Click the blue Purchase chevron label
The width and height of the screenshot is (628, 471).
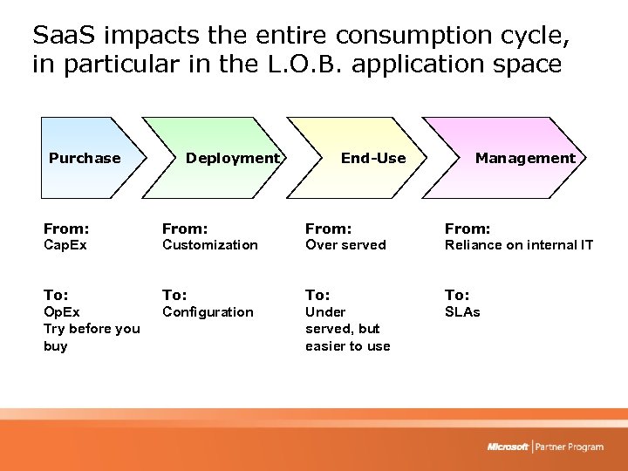85,158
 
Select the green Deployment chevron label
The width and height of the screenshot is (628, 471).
231,158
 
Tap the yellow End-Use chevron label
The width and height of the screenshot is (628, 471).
373,158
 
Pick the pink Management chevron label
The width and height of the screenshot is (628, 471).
525,158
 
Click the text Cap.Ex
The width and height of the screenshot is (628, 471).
65,245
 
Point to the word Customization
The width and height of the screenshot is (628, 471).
210,245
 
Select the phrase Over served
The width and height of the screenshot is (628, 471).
345,245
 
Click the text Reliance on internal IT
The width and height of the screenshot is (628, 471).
519,245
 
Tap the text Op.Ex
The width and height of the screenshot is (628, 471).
62,312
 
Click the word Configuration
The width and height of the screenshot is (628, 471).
208,312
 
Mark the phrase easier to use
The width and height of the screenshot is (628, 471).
347,346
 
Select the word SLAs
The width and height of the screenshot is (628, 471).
462,312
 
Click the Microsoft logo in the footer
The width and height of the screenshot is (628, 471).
508,447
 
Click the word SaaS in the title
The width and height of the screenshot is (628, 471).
59,35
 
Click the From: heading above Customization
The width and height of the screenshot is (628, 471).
185,229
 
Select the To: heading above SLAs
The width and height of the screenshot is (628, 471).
457,295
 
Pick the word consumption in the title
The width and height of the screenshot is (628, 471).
410,35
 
